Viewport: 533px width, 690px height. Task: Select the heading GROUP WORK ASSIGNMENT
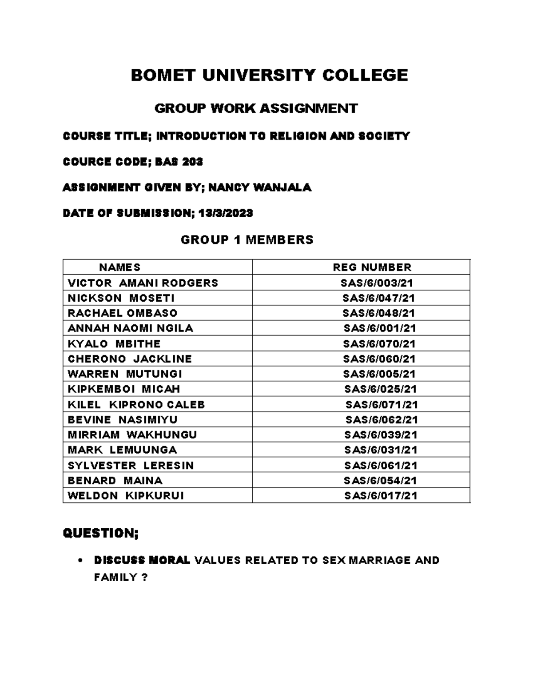click(x=256, y=108)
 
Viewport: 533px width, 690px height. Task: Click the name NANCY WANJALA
click(x=260, y=187)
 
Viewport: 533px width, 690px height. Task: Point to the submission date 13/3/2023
click(x=226, y=213)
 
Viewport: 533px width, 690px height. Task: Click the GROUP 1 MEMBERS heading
click(x=247, y=240)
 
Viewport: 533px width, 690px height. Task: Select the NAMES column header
click(x=119, y=267)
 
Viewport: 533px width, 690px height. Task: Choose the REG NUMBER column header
click(x=372, y=267)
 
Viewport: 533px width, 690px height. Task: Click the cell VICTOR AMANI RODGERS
click(x=143, y=283)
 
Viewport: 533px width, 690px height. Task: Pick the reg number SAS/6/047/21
click(x=378, y=298)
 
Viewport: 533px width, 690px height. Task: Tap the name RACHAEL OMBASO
click(x=122, y=313)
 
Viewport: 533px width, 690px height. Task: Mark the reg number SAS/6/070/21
click(x=379, y=343)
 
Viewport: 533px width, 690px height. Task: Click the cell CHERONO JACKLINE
click(x=130, y=359)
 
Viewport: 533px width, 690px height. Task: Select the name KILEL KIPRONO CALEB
click(x=136, y=404)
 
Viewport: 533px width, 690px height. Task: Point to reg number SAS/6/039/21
click(x=381, y=435)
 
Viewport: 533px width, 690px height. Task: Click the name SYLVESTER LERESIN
click(x=131, y=465)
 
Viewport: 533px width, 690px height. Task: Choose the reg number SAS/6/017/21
click(x=381, y=495)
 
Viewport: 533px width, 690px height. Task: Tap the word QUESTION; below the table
click(x=101, y=533)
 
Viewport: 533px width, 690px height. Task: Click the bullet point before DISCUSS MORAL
click(x=79, y=561)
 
